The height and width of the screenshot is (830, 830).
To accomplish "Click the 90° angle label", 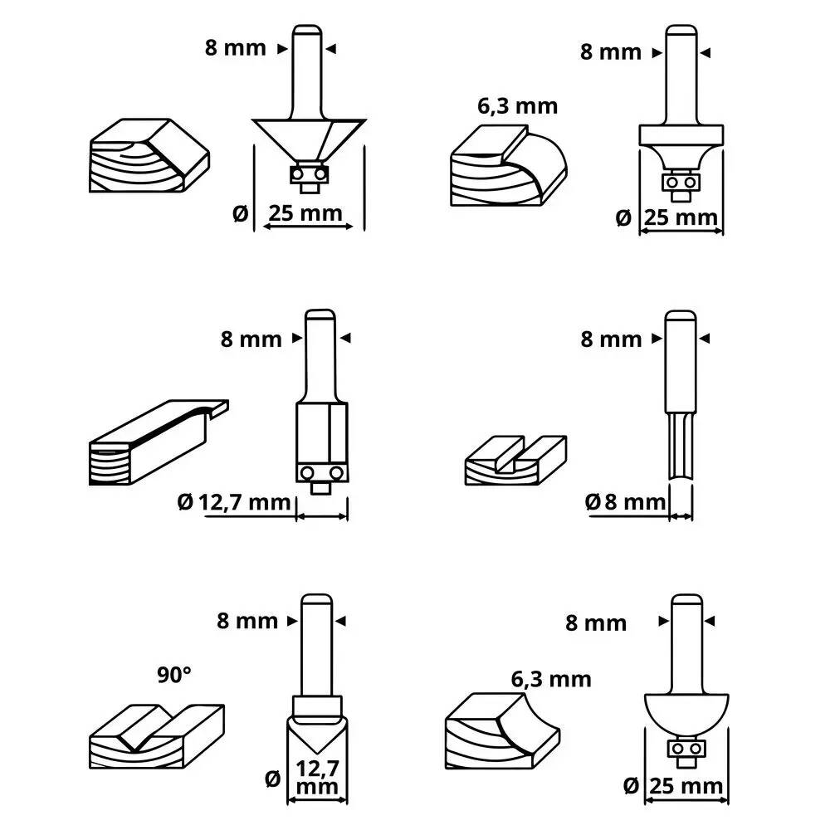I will pos(174,674).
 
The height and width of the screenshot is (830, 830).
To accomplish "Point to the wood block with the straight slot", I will pos(515,461).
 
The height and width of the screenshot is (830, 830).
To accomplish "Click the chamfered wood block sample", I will pos(147,154).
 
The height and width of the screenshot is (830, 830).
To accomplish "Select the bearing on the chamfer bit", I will pos(308,174).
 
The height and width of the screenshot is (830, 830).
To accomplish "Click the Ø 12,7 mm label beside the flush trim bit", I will pos(235,501).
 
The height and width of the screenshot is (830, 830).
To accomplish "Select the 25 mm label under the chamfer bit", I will pos(303,213).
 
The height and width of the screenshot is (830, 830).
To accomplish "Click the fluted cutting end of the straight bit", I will pos(681,446).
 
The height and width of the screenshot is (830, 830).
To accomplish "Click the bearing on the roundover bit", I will pos(681,181).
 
